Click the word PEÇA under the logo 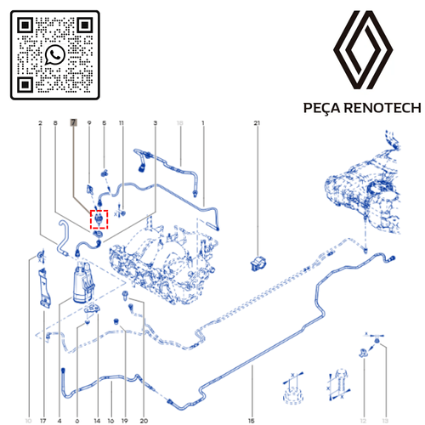(x=321, y=108)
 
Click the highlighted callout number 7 (x=74, y=124)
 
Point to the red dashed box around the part (x=100, y=220)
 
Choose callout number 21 (x=257, y=124)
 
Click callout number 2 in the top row (x=40, y=124)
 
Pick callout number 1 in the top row (x=203, y=124)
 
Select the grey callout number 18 (x=179, y=124)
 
